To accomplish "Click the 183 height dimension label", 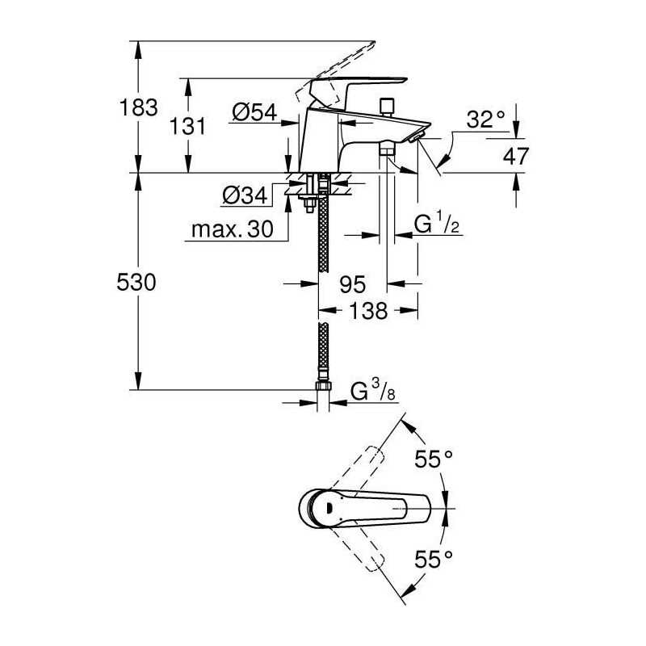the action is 138,107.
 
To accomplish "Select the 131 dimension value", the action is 187,127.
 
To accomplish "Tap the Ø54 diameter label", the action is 254,112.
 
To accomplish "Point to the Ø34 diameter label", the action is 245,195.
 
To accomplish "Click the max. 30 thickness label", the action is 233,229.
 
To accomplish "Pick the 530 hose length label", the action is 136,283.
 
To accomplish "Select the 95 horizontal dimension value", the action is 353,284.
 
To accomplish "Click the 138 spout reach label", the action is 368,311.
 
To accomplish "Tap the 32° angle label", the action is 486,120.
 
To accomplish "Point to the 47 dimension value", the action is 516,156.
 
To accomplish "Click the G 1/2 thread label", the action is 437,224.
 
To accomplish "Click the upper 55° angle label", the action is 434,459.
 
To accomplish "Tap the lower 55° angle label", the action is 434,559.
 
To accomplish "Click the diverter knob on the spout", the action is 386,107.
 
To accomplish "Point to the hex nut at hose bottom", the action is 324,386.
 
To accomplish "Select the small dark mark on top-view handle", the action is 329,508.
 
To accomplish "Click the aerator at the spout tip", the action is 417,137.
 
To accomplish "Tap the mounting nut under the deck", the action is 309,203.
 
